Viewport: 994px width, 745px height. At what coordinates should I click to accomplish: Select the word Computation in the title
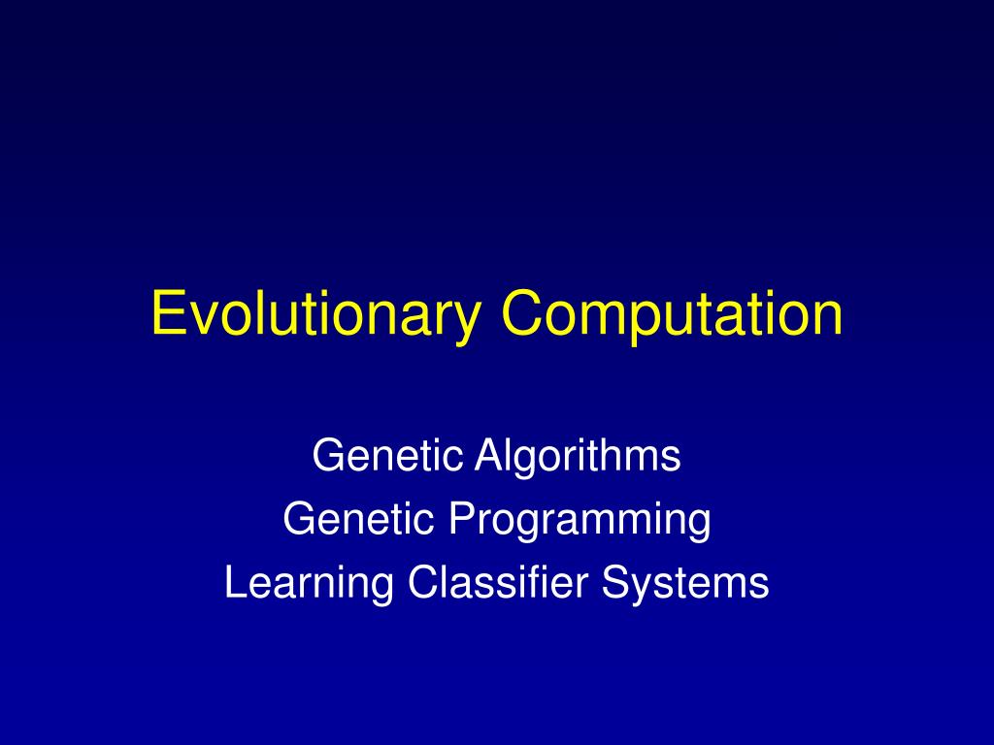tap(672, 316)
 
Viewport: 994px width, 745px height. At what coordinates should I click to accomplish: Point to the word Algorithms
tap(578, 455)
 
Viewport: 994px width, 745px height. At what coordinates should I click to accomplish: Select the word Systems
tap(685, 584)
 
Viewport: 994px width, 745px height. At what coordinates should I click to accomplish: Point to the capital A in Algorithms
tap(484, 455)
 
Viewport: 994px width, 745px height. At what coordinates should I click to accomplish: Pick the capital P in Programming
tap(458, 519)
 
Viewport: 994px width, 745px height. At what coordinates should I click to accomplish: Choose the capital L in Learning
tap(233, 582)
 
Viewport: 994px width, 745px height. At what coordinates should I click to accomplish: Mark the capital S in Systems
tap(613, 582)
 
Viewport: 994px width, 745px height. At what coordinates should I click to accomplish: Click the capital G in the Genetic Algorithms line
tap(325, 455)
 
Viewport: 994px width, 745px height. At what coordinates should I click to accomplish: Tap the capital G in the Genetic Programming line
tap(296, 519)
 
